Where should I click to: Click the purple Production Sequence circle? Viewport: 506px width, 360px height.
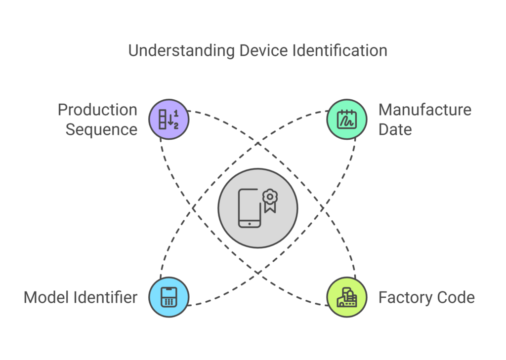[169, 120]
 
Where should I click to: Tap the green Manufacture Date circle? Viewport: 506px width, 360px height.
[347, 120]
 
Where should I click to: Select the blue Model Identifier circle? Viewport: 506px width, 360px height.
[169, 297]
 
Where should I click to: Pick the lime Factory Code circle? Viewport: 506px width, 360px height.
[347, 297]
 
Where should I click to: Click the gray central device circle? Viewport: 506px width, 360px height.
[258, 208]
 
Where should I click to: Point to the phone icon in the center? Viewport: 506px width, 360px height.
[250, 208]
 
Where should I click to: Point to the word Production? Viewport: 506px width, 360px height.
[97, 110]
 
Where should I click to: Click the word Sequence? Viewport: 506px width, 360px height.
[101, 129]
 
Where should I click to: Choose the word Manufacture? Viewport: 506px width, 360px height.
[425, 110]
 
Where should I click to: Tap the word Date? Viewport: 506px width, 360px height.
[395, 129]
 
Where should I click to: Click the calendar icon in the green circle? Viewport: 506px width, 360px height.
[347, 120]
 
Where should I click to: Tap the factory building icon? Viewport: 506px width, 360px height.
[347, 298]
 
